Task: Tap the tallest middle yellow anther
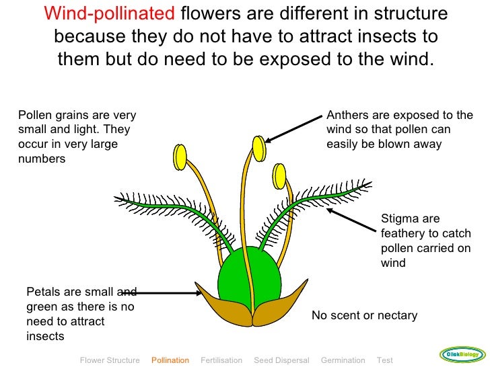(x=258, y=147)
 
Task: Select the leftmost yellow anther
(x=180, y=157)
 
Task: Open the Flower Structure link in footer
(x=110, y=360)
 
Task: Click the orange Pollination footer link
(x=170, y=360)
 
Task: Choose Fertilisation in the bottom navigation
(x=221, y=360)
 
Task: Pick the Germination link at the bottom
(x=343, y=360)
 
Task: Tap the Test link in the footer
(x=385, y=360)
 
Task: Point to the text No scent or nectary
(x=364, y=315)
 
